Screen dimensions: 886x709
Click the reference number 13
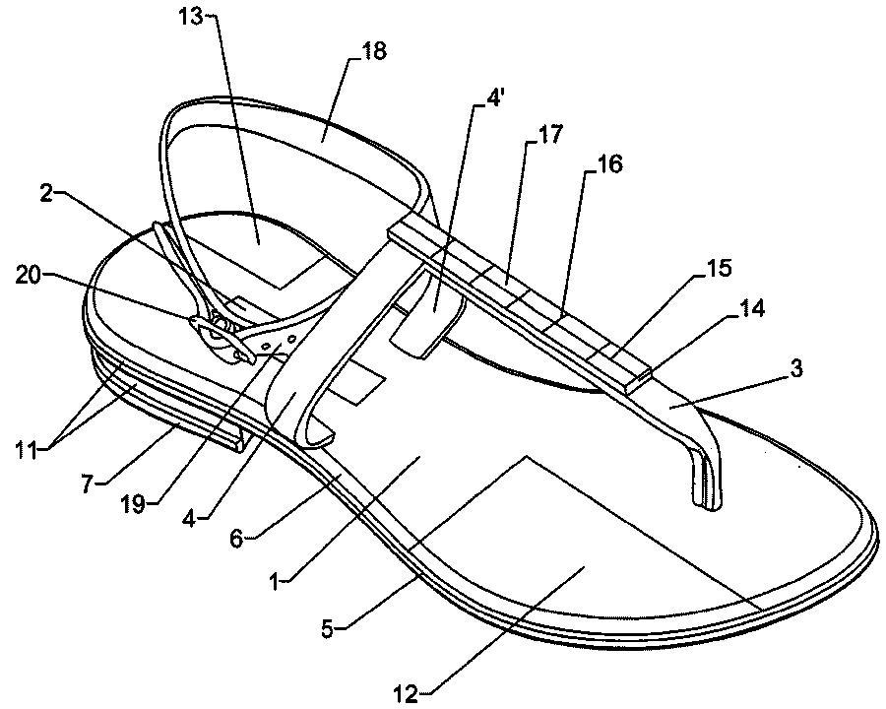(190, 17)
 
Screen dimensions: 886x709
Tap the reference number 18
(373, 51)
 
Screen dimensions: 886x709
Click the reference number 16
(609, 163)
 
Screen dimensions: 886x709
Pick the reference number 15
(719, 268)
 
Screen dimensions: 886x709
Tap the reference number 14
(753, 308)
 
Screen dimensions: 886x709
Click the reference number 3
(795, 369)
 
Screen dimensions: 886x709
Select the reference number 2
(47, 193)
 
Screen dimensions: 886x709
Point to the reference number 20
(30, 277)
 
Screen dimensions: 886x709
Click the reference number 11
(28, 451)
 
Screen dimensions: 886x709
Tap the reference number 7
(86, 484)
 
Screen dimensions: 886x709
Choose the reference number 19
(135, 504)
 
